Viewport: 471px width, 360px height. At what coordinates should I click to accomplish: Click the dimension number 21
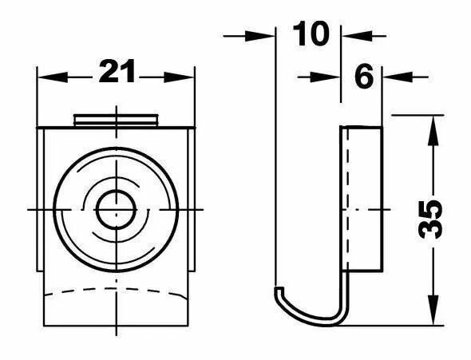(x=117, y=72)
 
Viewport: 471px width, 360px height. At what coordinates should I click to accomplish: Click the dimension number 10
(x=311, y=34)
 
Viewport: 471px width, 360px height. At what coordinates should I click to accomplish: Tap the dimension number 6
(x=364, y=77)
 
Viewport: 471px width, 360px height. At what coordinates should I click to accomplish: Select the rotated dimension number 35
(x=431, y=220)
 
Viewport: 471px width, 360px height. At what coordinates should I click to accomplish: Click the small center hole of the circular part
(x=117, y=210)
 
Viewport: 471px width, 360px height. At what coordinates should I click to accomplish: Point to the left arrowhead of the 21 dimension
(x=52, y=77)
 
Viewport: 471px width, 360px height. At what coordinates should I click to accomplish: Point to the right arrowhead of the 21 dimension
(x=179, y=77)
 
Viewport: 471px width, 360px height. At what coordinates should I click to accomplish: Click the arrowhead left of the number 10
(x=259, y=37)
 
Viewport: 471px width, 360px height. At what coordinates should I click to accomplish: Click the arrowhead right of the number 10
(x=358, y=36)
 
